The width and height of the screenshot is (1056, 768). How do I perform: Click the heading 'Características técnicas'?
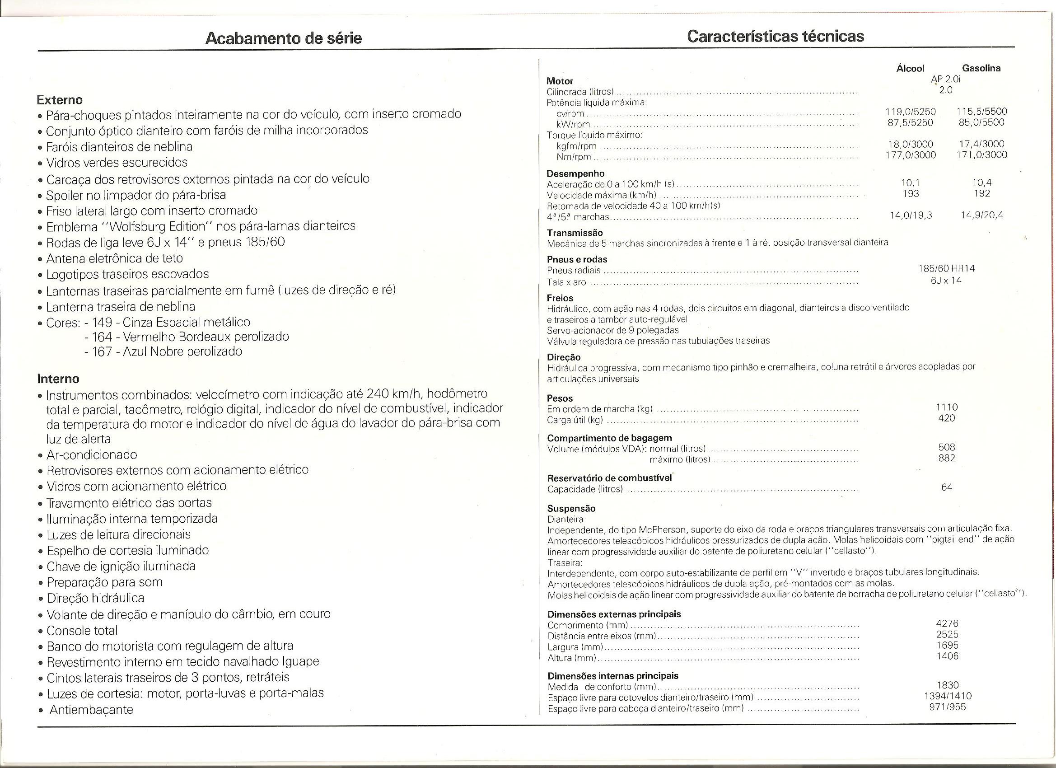tap(775, 36)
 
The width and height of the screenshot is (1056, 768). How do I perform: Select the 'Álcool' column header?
tap(910, 69)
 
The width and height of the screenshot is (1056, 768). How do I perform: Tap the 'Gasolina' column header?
tap(981, 68)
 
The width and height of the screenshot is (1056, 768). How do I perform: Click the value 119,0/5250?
tap(910, 112)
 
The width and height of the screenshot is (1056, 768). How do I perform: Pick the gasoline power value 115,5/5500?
tap(981, 112)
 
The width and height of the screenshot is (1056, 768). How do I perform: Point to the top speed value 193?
tap(911, 193)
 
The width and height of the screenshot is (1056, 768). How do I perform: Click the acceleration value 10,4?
tap(981, 183)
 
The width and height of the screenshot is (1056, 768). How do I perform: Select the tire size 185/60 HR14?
tap(947, 269)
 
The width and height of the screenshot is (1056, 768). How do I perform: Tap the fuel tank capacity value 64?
tap(947, 487)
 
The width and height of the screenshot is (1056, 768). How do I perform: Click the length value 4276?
tap(947, 623)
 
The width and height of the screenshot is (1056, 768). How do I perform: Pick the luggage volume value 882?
tap(947, 458)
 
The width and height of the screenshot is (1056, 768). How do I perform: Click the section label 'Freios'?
tap(560, 298)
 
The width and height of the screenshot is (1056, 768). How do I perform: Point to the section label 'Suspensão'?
tap(571, 509)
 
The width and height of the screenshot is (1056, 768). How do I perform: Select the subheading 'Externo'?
tap(60, 100)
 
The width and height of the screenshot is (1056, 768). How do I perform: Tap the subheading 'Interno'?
tap(58, 379)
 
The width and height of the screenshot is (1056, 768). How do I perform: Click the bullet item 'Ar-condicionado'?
tap(92, 454)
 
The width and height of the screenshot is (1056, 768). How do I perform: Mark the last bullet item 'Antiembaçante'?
tap(91, 710)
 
